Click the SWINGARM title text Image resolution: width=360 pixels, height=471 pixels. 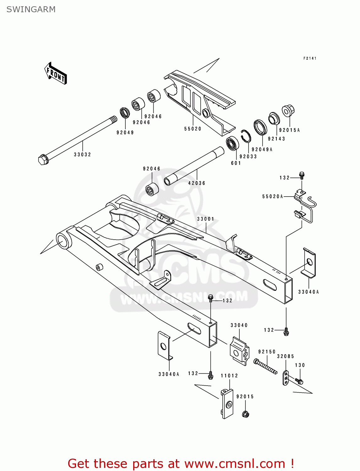[x=31, y=9]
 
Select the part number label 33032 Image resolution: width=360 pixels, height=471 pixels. [x=82, y=154]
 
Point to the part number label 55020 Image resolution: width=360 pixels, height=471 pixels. [x=193, y=129]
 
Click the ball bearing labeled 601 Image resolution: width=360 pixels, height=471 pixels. [x=232, y=144]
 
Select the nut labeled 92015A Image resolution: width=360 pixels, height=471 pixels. [x=288, y=111]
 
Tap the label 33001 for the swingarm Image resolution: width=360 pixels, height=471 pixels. [x=205, y=219]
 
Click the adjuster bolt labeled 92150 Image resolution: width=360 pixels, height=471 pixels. [x=266, y=367]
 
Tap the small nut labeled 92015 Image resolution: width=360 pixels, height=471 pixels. [x=246, y=414]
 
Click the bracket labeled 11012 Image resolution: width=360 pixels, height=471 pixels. [x=227, y=403]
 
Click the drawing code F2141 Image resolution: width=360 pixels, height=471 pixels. [x=310, y=58]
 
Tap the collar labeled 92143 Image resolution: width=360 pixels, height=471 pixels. [x=274, y=118]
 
